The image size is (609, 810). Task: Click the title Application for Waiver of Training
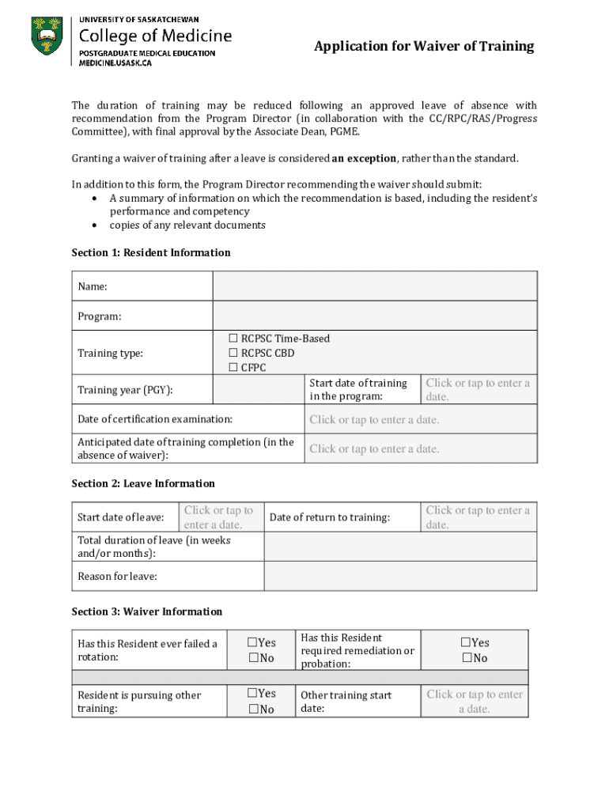click(424, 47)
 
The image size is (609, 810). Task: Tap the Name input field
click(375, 286)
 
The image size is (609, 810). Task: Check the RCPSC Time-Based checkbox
click(233, 339)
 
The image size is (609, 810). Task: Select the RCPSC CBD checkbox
click(233, 354)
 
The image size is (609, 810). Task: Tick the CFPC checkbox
click(233, 368)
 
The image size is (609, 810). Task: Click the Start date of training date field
click(478, 389)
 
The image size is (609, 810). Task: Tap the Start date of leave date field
click(218, 517)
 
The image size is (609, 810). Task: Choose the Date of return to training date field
click(478, 517)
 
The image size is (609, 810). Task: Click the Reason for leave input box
click(400, 576)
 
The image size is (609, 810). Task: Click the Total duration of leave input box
click(400, 547)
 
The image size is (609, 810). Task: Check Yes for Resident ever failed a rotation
click(254, 643)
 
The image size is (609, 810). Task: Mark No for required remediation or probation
click(468, 658)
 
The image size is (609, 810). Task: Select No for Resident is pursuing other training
click(254, 710)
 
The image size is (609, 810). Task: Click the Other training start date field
click(475, 702)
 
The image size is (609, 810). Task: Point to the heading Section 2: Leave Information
click(143, 483)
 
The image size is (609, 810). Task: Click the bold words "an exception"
click(364, 158)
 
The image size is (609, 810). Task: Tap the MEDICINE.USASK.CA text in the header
click(115, 63)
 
